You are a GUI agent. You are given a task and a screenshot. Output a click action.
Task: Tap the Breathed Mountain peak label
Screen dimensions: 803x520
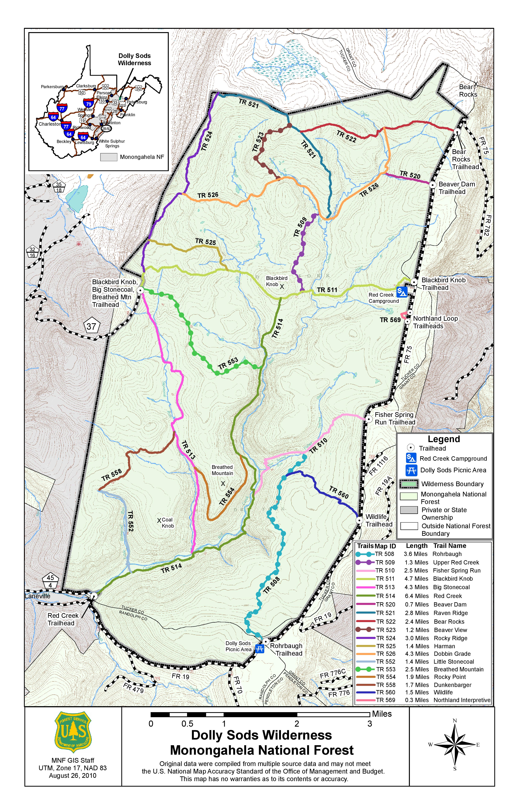(222, 470)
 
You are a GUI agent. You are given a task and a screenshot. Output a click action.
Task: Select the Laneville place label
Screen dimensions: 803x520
(38, 596)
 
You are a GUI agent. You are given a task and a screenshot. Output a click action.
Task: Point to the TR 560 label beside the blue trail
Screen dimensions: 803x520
(339, 492)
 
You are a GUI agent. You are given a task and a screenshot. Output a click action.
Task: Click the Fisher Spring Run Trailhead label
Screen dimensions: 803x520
(394, 418)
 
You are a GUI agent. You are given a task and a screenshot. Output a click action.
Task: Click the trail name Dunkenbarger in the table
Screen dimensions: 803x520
(452, 685)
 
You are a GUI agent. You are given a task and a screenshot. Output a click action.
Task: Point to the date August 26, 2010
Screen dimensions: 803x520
(73, 775)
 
